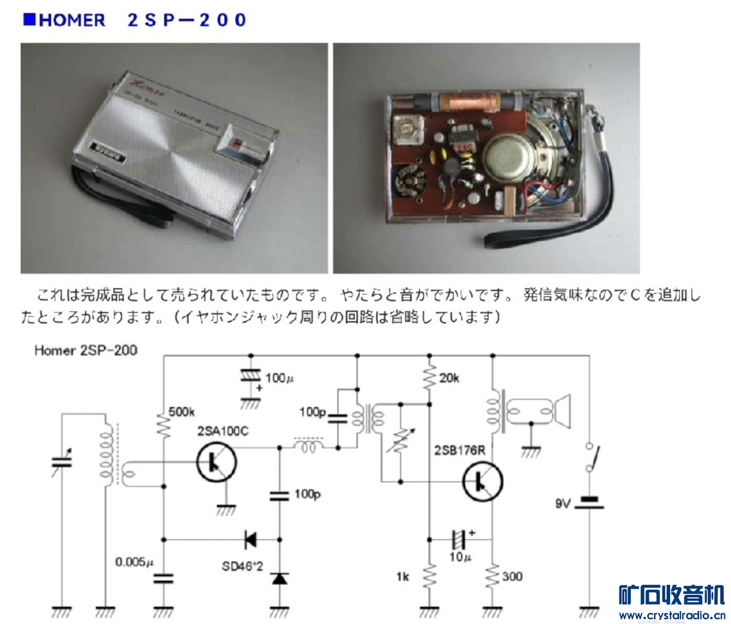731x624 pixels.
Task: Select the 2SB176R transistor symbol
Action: pyautogui.click(x=483, y=480)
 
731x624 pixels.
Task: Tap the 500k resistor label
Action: pyautogui.click(x=182, y=411)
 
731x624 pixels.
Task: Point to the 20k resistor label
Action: pyautogui.click(x=449, y=379)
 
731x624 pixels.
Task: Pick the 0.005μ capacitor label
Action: pyautogui.click(x=135, y=562)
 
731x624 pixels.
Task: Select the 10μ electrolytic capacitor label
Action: pyautogui.click(x=460, y=557)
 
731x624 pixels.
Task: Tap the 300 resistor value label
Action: pyautogui.click(x=512, y=577)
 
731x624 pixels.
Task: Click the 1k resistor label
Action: pyautogui.click(x=404, y=577)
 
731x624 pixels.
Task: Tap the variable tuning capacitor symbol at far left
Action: pyautogui.click(x=61, y=463)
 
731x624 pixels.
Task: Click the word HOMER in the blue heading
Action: pyautogui.click(x=72, y=20)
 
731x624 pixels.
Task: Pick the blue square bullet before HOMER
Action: pyautogui.click(x=28, y=19)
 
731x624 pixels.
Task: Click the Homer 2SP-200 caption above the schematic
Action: pyautogui.click(x=85, y=350)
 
